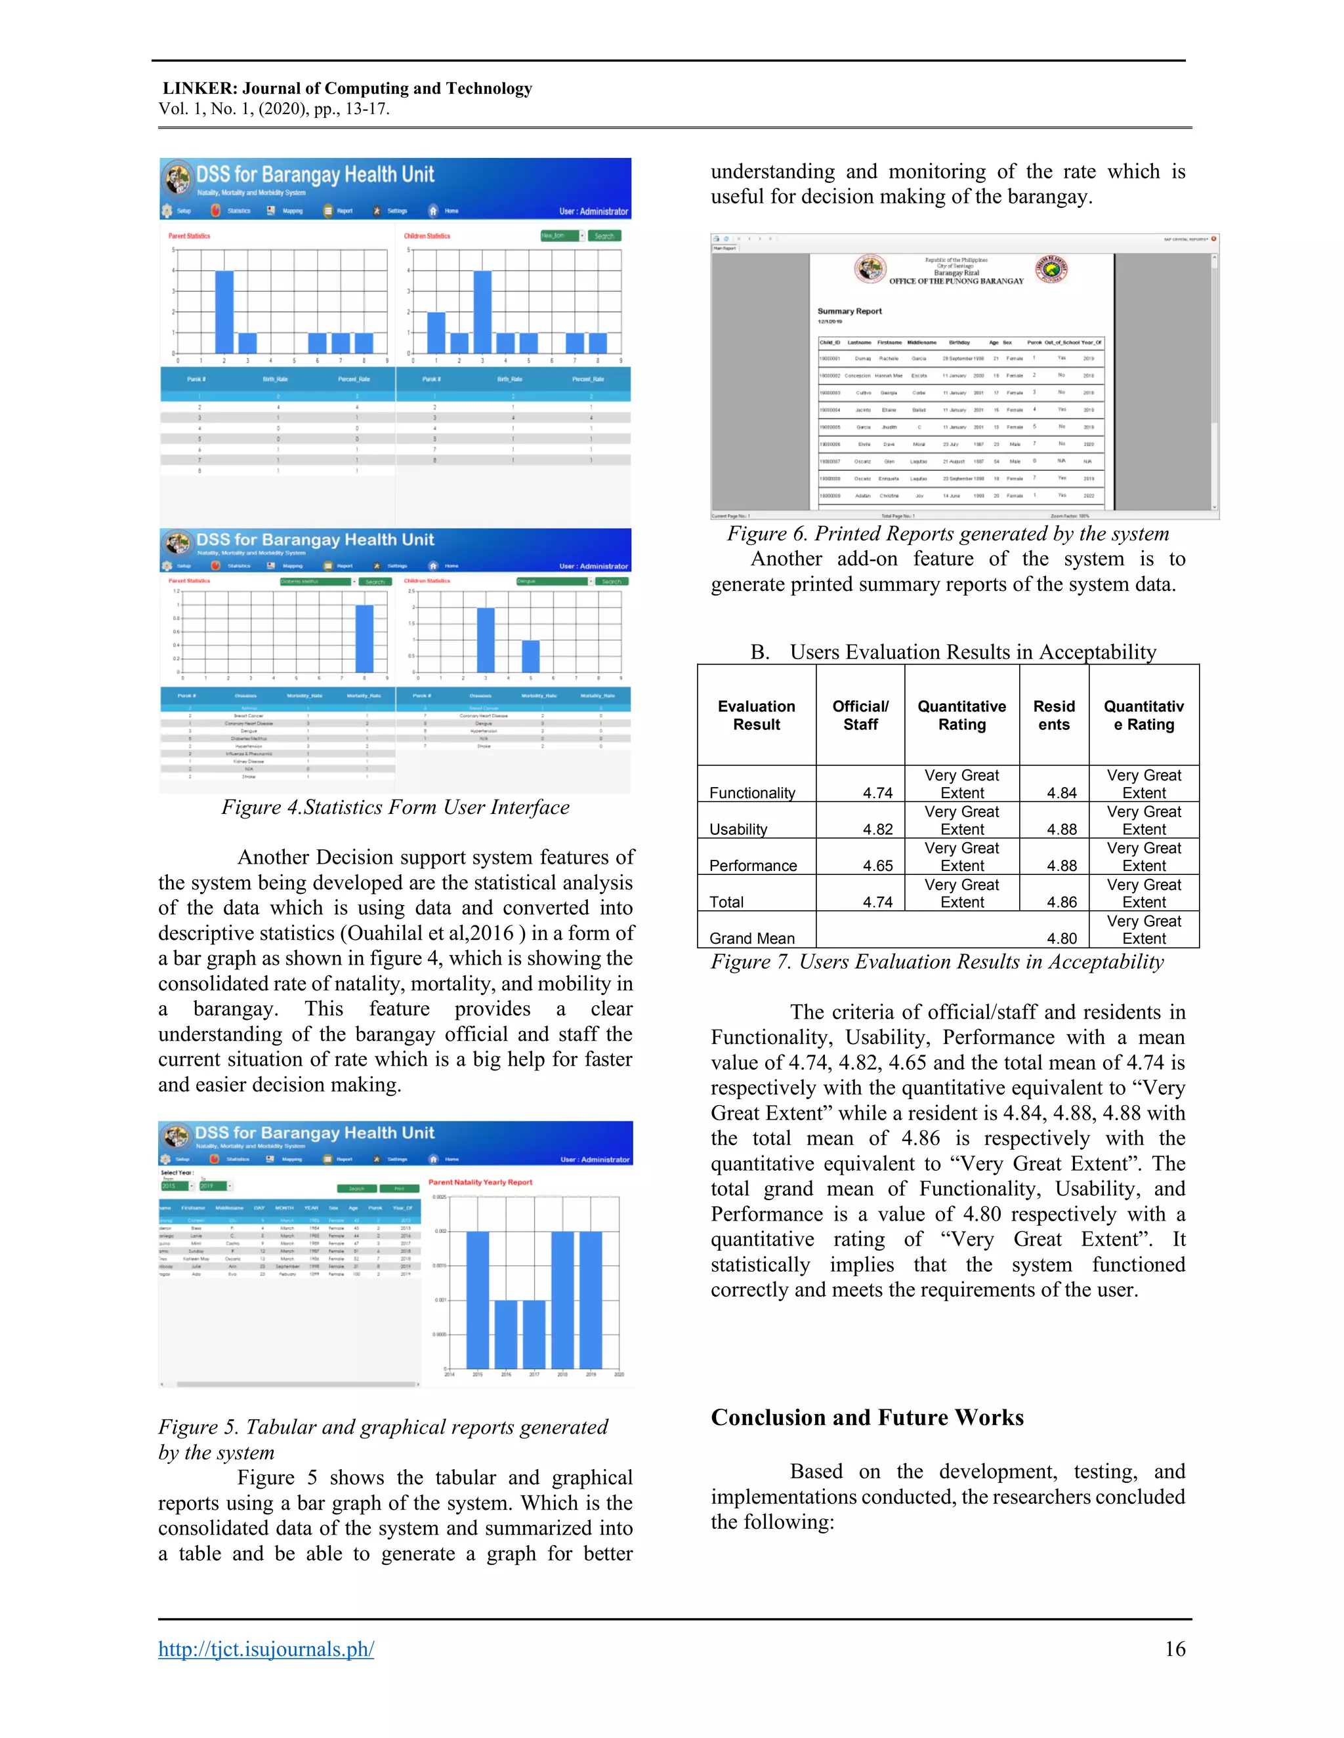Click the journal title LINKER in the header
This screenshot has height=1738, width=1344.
coord(198,89)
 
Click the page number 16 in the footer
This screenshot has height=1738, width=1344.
coord(1175,1648)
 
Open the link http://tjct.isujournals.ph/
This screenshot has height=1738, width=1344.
coord(266,1648)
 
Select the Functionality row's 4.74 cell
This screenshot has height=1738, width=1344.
coord(877,793)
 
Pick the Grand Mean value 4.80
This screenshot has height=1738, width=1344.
coord(1061,939)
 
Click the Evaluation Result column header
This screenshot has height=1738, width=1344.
coord(757,715)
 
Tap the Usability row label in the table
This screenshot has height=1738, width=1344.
coord(738,829)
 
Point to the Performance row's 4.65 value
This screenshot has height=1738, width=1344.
coord(877,866)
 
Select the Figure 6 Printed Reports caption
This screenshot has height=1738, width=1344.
coord(948,533)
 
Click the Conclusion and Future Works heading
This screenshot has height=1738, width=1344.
coord(867,1417)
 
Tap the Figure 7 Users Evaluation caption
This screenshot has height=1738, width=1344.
coord(937,961)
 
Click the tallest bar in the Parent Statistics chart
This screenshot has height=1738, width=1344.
coord(224,312)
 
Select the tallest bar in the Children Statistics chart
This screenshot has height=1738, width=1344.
coord(482,312)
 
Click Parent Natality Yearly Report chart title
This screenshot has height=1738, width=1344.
coord(480,1182)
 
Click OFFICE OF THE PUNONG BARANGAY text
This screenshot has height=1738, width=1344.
coord(955,281)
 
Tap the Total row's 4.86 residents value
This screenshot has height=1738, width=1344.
coord(1061,902)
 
